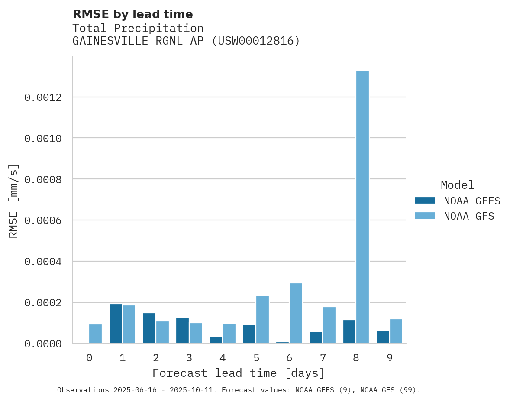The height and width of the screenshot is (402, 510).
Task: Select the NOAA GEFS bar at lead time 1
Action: coord(116,324)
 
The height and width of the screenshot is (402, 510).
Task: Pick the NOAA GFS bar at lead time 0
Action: coord(96,334)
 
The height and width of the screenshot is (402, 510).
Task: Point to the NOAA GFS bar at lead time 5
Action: coord(262,319)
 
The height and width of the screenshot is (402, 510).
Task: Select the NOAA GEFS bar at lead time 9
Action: coord(383,337)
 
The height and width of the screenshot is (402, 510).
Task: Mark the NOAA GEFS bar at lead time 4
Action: coord(216,340)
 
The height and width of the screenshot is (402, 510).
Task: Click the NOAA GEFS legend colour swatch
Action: coord(425,201)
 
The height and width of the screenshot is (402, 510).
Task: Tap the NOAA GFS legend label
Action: coord(469,216)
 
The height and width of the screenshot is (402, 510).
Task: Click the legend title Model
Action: coord(457,185)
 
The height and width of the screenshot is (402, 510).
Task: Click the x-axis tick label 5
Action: coord(256,358)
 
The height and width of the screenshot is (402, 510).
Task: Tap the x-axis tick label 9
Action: coord(390,358)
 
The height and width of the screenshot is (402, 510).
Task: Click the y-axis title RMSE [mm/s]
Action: coord(13,201)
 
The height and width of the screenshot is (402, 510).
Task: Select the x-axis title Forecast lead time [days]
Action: coord(239,373)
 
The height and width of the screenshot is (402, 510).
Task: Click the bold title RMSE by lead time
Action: coord(132,14)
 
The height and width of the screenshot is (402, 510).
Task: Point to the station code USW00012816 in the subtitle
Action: coord(255,41)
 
